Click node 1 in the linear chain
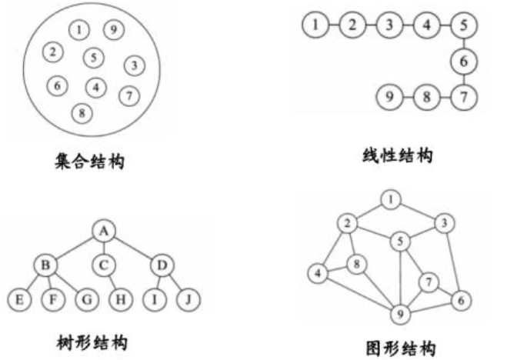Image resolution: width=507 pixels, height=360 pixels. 314,24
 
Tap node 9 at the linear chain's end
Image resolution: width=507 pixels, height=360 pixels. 389,98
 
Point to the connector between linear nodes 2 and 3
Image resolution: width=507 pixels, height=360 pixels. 370,24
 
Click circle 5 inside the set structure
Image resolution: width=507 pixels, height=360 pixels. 93,58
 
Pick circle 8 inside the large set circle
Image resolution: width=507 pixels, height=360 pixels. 81,113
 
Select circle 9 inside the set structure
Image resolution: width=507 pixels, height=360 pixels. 113,31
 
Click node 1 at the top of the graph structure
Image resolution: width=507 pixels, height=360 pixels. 392,202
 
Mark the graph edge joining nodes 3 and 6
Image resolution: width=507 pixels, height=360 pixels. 453,260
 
